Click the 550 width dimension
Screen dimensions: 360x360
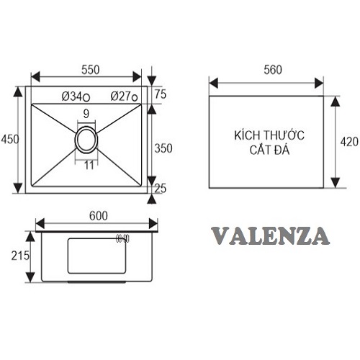point(90,70)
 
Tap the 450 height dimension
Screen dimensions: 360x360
point(9,139)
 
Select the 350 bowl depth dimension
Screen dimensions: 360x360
point(163,148)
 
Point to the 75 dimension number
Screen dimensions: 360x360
point(161,94)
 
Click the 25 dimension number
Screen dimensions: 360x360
point(161,189)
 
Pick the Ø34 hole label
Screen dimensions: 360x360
point(72,96)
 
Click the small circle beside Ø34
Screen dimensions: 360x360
point(86,98)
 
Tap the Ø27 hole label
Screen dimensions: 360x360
point(121,96)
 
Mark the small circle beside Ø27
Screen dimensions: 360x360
point(135,98)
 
